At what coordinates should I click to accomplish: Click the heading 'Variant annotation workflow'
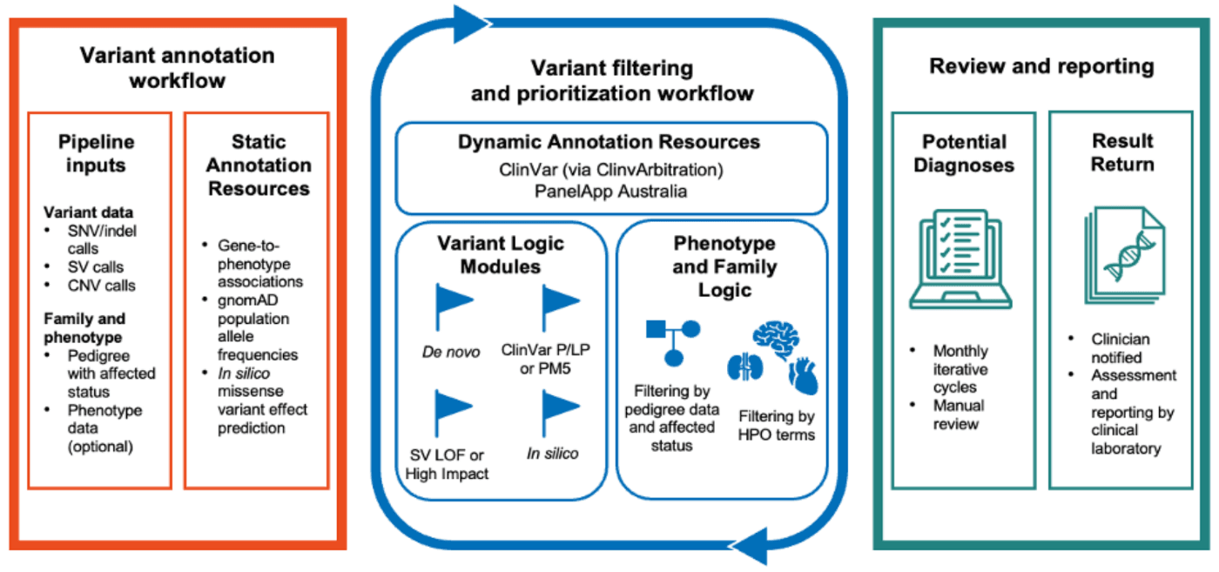point(178,68)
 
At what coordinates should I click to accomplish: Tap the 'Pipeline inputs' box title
point(97,153)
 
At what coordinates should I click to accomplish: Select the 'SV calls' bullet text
point(95,267)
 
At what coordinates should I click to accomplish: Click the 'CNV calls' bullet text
point(101,286)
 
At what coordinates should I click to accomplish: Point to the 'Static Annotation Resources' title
point(259,165)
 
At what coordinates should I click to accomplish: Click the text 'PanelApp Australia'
point(610,192)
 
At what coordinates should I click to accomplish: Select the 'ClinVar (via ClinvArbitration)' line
point(611,170)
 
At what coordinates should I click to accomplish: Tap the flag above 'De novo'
point(454,307)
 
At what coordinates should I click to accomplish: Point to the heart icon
point(803,375)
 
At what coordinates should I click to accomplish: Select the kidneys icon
point(745,367)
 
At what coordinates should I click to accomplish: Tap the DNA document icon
point(1124,255)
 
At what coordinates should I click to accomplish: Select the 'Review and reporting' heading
point(1041,66)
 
